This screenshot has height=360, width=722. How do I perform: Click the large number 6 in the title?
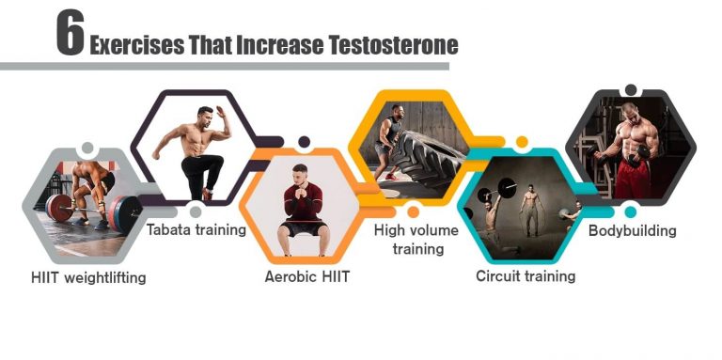coord(70,37)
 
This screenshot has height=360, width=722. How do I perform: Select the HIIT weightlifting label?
coord(88,277)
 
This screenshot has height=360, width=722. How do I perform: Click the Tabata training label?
coord(196,228)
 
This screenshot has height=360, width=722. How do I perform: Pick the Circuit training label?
coord(526,275)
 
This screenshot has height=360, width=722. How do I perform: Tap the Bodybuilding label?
coord(632,229)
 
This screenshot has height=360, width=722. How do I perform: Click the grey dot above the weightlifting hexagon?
coord(87,149)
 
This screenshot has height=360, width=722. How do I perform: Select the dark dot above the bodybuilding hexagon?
coord(631,90)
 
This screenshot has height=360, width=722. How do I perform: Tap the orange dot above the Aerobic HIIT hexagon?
coord(304,142)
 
